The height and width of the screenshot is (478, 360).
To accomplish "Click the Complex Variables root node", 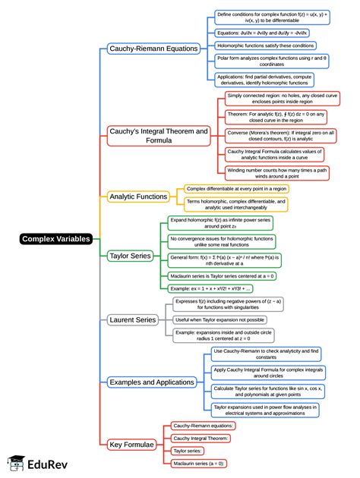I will pyautogui.click(x=56, y=239).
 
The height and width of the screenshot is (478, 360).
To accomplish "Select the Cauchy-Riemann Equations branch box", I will pyautogui.click(x=154, y=49).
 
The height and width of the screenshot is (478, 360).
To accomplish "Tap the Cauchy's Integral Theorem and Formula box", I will pyautogui.click(x=158, y=136).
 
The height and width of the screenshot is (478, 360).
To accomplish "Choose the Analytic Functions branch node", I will pyautogui.click(x=138, y=197).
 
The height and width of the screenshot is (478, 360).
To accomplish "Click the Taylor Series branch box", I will pyautogui.click(x=130, y=256).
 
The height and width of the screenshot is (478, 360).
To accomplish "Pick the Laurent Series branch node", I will pyautogui.click(x=133, y=320).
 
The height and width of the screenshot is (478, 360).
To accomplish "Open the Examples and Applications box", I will pyautogui.click(x=152, y=382).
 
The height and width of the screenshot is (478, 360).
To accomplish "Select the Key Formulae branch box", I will pyautogui.click(x=131, y=444).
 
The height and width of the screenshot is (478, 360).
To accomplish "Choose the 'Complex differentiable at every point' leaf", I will pyautogui.click(x=236, y=188).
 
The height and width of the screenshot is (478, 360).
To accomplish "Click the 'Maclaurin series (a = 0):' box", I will pyautogui.click(x=199, y=462).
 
